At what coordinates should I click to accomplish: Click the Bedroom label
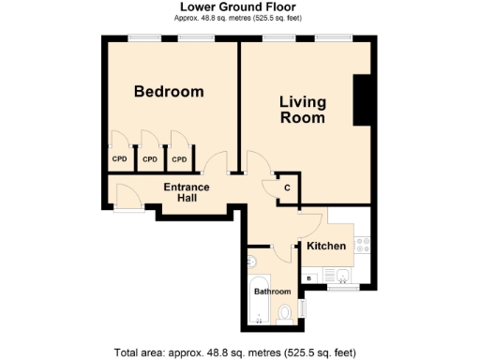pos(169,92)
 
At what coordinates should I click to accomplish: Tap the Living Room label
pos(303,110)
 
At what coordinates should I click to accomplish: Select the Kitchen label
pos(326,246)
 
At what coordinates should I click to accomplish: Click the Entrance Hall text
pos(187,192)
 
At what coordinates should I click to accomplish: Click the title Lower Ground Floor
pos(240,7)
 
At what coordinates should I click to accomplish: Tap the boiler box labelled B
pos(310,277)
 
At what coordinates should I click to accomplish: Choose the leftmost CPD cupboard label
pos(119,159)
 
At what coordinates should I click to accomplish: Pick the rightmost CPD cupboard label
pos(179,159)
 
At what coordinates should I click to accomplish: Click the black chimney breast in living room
pos(362,101)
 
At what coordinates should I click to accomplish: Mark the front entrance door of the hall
pos(125,199)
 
